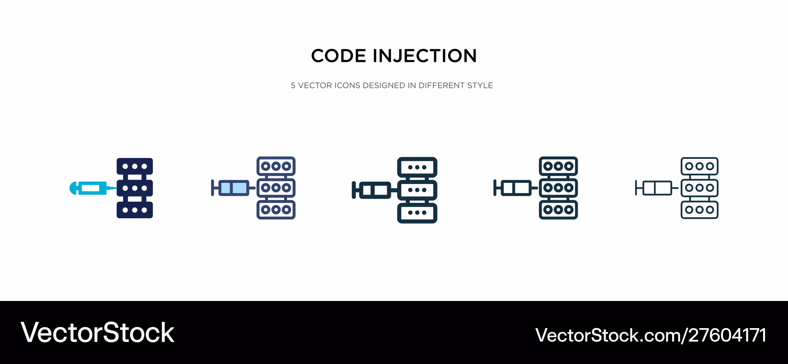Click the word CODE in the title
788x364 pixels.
338,56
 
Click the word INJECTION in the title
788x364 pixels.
425,56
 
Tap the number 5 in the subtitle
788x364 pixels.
293,85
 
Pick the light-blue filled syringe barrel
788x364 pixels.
234,188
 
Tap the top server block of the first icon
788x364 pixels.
135,166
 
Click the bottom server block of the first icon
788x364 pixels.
135,210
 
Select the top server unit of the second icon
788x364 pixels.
276,166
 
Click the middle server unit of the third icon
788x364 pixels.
417,190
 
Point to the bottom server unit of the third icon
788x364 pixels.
417,213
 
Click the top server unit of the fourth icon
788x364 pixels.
558,166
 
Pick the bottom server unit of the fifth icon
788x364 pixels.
700,210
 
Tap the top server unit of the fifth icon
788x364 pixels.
700,166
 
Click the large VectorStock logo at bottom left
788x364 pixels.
97,333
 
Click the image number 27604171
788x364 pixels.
727,336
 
